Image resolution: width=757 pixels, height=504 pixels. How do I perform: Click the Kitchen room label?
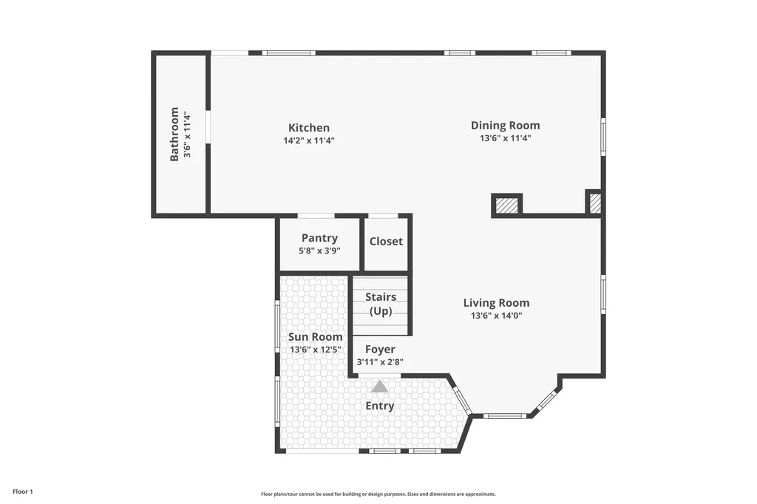pos(309,128)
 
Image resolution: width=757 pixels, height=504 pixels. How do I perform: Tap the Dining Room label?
pos(506,126)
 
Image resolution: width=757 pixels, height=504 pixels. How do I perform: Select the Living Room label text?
pos(496,303)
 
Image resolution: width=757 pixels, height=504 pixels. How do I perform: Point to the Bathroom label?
pos(174,134)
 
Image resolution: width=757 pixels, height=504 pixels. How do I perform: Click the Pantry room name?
pos(319,239)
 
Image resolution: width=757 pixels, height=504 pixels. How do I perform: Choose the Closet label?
pos(386,242)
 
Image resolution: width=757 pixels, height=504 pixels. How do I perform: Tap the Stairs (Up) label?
pos(381,304)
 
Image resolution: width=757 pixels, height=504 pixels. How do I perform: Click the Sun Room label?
pos(315,337)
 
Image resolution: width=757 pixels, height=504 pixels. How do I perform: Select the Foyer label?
pos(380,350)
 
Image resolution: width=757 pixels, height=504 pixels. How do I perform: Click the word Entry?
pos(380,406)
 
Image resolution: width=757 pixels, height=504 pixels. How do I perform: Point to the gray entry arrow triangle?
pos(380,387)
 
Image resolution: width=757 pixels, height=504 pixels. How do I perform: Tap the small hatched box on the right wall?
pos(595,202)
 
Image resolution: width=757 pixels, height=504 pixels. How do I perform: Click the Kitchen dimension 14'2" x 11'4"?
pos(309,141)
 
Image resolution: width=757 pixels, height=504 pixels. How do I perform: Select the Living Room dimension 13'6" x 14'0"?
pos(496,316)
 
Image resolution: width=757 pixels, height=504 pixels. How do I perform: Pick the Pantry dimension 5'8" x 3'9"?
pos(319,251)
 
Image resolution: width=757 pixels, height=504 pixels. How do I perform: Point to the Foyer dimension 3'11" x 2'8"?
pos(380,362)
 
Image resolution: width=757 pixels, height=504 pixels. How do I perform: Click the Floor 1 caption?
pos(23,492)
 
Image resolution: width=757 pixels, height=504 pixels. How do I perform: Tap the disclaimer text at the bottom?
pos(378,494)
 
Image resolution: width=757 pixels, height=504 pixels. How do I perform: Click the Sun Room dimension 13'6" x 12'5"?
pos(315,350)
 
